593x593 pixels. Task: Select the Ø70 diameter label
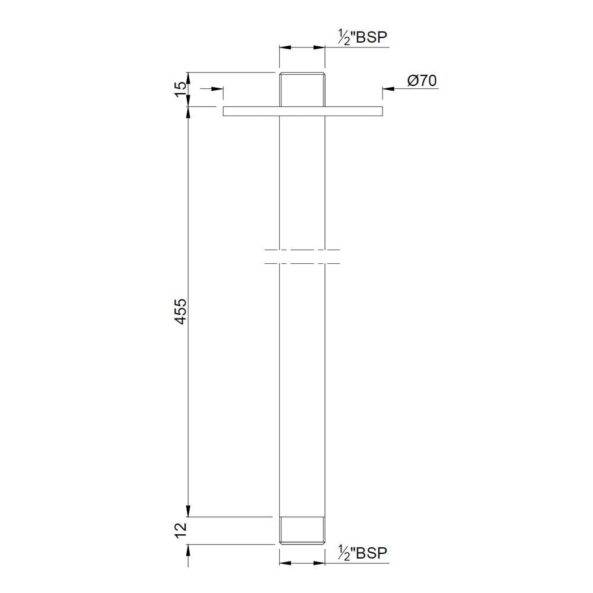tap(422, 81)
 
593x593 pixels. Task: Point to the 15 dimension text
tap(180, 90)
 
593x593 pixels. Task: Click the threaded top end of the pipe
tap(302, 89)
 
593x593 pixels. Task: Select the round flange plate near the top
tap(302, 111)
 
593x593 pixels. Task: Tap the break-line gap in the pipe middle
tap(302, 256)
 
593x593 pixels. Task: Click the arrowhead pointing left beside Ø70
tap(386, 90)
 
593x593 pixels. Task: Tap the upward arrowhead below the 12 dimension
tap(189, 549)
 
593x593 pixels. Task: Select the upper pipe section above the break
tap(302, 178)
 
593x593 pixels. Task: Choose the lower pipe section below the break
tap(302, 385)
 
